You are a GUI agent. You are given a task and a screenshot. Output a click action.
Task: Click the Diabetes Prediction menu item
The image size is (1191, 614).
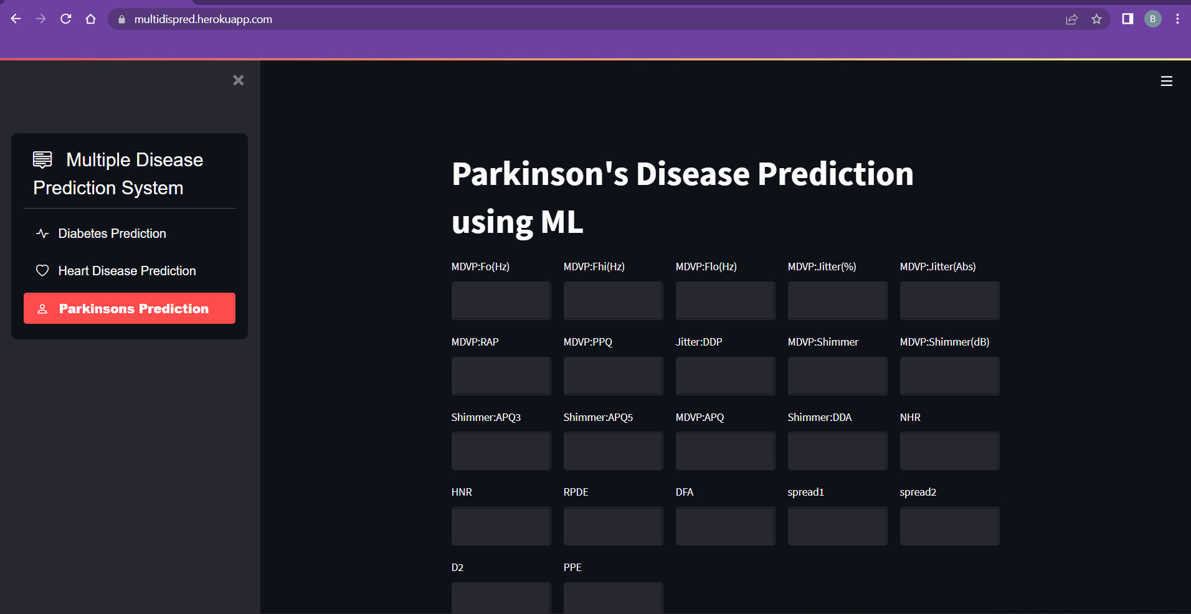[x=112, y=234]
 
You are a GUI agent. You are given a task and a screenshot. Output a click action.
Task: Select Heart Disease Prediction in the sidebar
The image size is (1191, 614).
[x=126, y=271]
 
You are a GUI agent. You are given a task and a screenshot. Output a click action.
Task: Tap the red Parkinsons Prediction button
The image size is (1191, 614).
[x=130, y=308]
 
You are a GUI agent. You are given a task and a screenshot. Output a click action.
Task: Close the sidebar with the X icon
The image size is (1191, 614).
[x=238, y=80]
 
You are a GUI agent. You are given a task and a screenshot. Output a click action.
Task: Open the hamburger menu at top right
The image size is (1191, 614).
[x=1166, y=81]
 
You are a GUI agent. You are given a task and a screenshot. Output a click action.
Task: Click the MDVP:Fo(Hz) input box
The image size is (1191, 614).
[x=501, y=300]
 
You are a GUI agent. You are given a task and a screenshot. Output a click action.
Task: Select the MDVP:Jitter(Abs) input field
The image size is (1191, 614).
[x=949, y=300]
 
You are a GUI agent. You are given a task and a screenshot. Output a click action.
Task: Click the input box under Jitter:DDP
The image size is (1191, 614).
[x=725, y=375]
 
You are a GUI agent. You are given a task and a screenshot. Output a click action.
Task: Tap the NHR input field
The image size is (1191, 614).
[x=949, y=451]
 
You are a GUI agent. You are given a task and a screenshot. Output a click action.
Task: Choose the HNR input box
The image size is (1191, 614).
[x=501, y=526]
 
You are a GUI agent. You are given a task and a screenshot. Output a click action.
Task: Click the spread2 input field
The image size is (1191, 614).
[x=949, y=526]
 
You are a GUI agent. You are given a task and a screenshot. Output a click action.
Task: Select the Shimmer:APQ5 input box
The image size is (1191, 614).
[x=613, y=451]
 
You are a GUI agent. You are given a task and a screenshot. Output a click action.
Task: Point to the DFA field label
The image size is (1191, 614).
[x=684, y=492]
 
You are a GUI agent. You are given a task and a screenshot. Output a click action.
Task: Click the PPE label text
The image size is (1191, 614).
[x=572, y=567]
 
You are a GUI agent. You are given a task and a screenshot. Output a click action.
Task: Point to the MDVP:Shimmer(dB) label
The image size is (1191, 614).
[x=944, y=342]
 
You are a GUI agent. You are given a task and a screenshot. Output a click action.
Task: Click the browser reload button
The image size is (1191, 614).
[x=65, y=19]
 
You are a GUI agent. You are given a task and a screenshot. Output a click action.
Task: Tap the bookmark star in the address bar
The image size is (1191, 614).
[x=1096, y=19]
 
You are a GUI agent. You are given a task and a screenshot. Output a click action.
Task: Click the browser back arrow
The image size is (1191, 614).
[x=16, y=19]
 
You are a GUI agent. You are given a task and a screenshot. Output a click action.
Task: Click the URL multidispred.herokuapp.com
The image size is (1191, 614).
[x=203, y=19]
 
